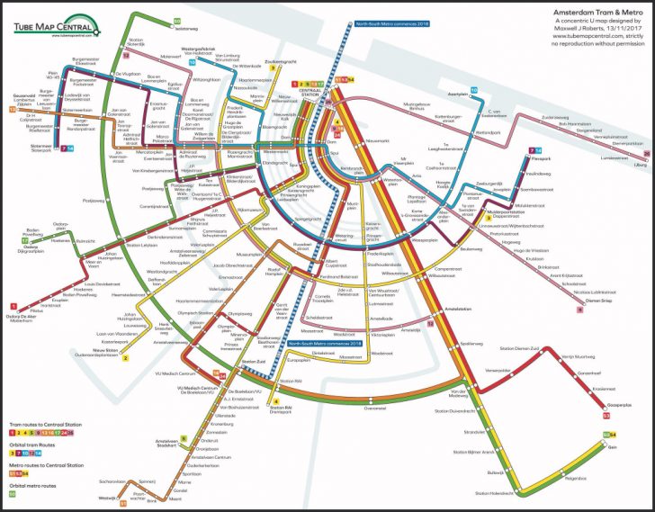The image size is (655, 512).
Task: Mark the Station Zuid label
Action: point(254,361)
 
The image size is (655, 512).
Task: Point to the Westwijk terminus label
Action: point(106,498)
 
